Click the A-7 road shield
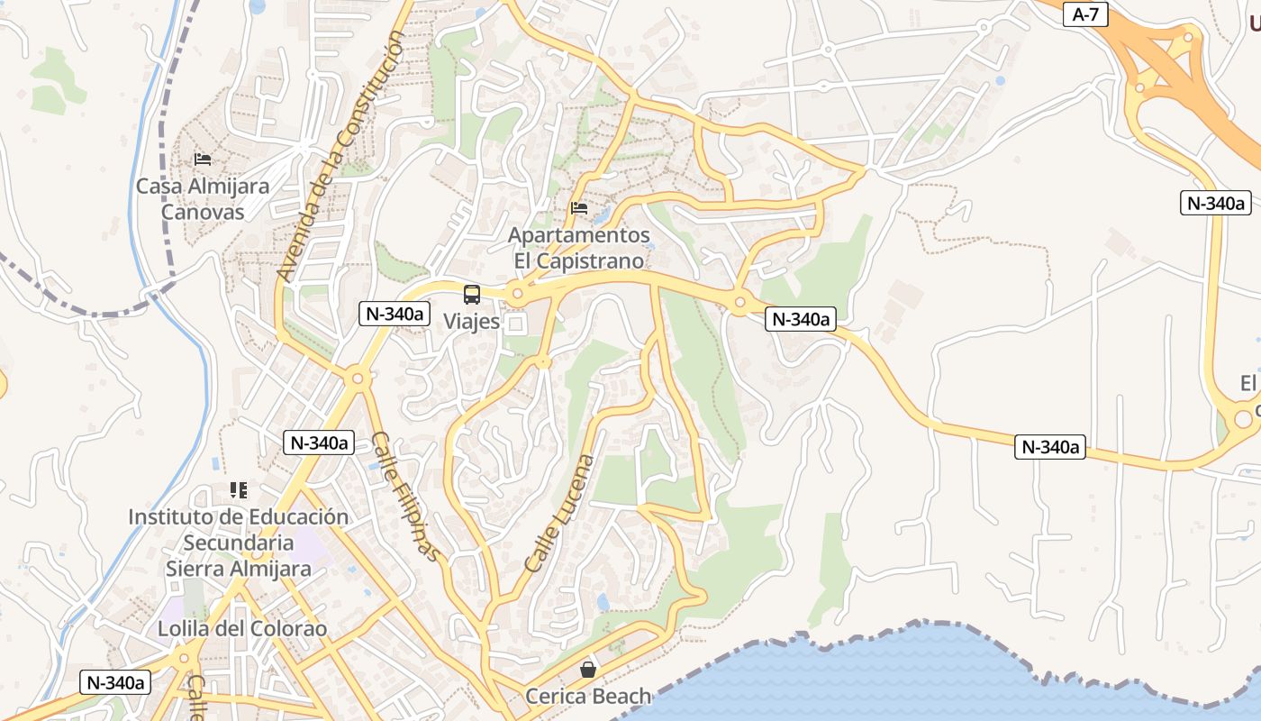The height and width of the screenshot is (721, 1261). (1084, 14)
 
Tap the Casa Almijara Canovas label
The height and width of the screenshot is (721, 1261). (203, 199)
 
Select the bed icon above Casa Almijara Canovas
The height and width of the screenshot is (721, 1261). (203, 160)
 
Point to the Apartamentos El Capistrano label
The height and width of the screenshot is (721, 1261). (579, 248)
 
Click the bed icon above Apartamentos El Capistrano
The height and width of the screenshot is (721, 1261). (579, 208)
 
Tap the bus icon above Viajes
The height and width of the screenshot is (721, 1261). (472, 294)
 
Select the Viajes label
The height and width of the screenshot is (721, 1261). (471, 321)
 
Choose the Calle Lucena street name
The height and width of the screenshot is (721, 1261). (560, 513)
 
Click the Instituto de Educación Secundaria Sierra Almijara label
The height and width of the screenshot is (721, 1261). (238, 543)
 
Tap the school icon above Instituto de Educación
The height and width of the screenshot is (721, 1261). (238, 490)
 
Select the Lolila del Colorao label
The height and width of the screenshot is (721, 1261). (242, 628)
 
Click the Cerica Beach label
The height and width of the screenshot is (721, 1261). (588, 696)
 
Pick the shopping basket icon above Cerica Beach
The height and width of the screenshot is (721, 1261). (588, 669)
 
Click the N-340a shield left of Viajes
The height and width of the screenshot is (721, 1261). (395, 314)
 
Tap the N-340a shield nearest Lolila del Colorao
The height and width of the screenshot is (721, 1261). (115, 682)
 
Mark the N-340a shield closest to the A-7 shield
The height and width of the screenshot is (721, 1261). (1215, 203)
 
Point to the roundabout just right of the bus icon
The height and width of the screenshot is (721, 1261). (517, 294)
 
